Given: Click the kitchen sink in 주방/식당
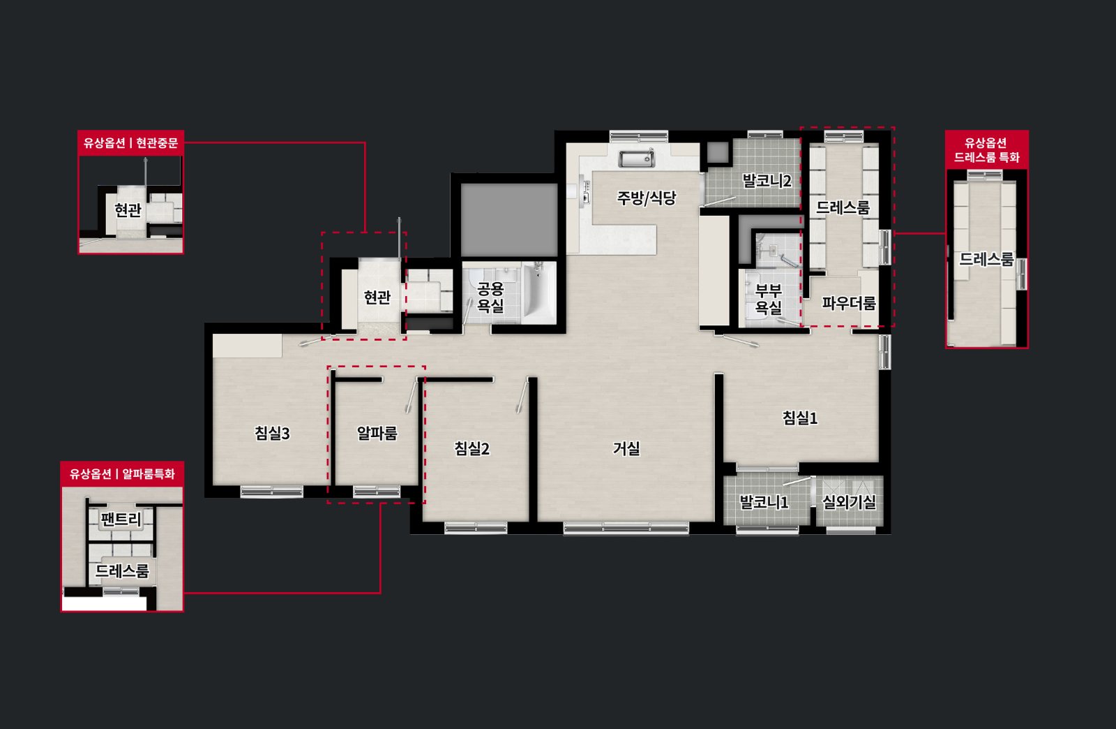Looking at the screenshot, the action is [637, 158].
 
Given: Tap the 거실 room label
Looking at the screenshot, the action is [626, 448].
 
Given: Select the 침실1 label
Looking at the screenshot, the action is [800, 418].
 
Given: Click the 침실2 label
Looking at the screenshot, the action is [472, 448].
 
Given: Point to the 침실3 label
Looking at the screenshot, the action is [272, 433].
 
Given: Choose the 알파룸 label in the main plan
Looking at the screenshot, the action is [377, 433].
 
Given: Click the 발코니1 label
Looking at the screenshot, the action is [764, 501].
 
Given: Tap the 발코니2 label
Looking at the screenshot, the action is [767, 181].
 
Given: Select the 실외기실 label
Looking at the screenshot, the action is [849, 501].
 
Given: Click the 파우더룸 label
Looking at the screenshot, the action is [849, 302].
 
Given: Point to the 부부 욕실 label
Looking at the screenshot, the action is [768, 299].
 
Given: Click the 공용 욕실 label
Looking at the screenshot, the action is [491, 297].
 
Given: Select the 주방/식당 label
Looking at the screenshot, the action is [647, 198].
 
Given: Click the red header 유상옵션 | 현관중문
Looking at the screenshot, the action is [130, 143].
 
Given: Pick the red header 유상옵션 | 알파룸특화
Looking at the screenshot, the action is [122, 473].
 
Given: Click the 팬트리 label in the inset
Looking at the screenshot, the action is [121, 520].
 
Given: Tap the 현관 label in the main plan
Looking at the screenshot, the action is [377, 297].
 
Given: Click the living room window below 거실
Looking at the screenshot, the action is [626, 528].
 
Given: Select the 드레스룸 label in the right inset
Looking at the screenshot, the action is [986, 259].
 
